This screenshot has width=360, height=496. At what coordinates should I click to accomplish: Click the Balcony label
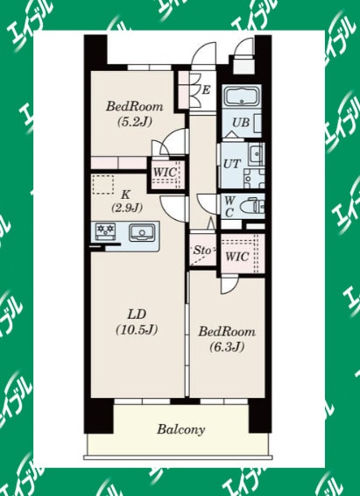[x=181, y=429]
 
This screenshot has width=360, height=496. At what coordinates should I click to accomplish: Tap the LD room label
[x=136, y=315]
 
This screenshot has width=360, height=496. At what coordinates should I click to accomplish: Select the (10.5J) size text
[x=136, y=330]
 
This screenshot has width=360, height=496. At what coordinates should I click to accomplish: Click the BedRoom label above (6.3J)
[x=226, y=332]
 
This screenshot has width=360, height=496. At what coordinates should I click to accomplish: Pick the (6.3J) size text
[x=226, y=347]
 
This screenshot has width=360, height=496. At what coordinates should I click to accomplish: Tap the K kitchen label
[x=126, y=194]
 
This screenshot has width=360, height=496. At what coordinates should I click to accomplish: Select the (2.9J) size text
[x=127, y=208]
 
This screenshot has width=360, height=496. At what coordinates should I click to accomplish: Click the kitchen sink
[x=140, y=233]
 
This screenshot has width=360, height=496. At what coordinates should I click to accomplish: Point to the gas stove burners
[x=107, y=232]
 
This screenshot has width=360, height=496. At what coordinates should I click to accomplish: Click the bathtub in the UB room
[x=239, y=97]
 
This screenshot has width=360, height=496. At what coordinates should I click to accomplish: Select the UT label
[x=231, y=163]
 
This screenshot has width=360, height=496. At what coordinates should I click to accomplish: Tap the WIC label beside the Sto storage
[x=236, y=257]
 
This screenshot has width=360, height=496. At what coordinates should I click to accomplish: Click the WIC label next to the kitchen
[x=166, y=171]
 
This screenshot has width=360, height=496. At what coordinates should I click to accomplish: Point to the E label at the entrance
[x=205, y=89]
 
